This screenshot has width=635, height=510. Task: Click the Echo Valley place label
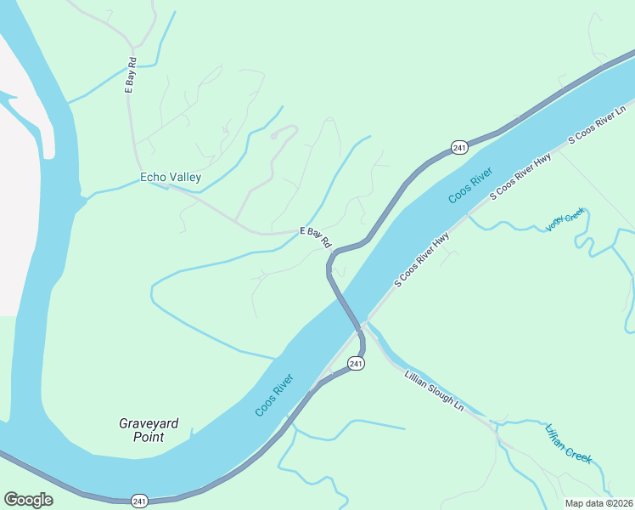[171, 178]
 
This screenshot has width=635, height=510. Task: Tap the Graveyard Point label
[141, 429]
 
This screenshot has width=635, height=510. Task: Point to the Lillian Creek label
[568, 444]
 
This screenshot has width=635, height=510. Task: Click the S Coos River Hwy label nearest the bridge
[421, 259]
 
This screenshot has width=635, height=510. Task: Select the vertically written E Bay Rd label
[131, 74]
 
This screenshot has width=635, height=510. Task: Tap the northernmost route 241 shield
[459, 148]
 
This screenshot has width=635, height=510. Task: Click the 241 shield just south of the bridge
[356, 364]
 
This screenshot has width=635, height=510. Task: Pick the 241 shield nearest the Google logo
[139, 501]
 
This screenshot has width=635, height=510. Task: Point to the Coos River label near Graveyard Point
[274, 395]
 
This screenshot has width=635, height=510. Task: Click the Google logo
[28, 500]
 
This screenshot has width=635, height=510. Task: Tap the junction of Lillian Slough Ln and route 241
[363, 326]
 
